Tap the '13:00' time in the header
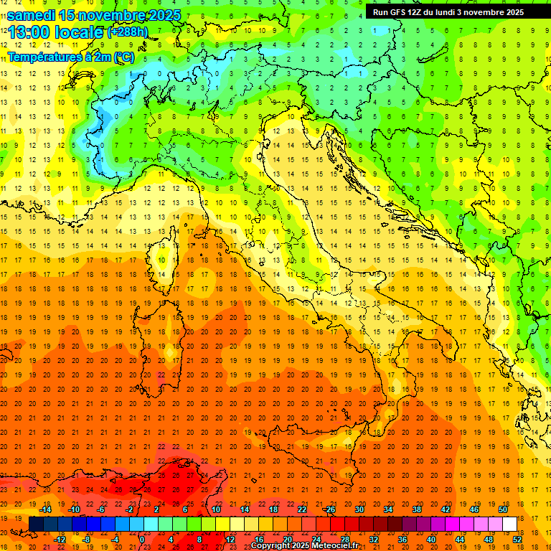click(x=29, y=33)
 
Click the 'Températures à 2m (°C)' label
click(x=71, y=57)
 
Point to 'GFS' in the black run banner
click(x=399, y=12)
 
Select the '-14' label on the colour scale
click(x=47, y=509)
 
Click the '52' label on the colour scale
click(x=517, y=540)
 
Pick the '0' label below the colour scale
click(x=142, y=540)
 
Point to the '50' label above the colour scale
click(x=502, y=509)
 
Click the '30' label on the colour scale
click(x=359, y=509)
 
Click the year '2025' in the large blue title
click(x=161, y=15)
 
